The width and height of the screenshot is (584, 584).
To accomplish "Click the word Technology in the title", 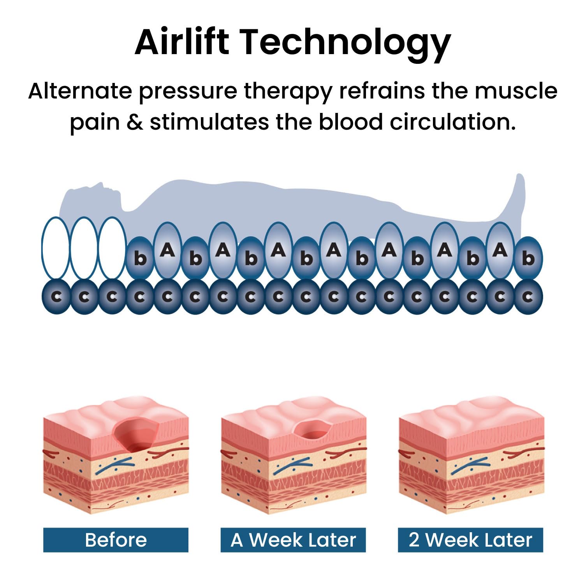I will click(x=345, y=43).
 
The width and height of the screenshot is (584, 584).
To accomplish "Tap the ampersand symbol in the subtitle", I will click(x=135, y=122).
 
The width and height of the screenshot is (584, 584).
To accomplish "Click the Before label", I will click(x=116, y=540).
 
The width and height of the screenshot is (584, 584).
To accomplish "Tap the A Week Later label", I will click(x=293, y=540).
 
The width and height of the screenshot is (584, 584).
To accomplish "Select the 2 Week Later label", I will click(x=470, y=540).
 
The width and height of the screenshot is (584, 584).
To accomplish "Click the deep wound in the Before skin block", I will click(x=136, y=434).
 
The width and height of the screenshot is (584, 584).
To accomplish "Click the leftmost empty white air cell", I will click(x=56, y=248).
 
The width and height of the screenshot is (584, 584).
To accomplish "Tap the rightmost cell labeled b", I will click(x=528, y=258).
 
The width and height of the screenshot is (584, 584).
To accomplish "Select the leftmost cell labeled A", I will click(x=168, y=250).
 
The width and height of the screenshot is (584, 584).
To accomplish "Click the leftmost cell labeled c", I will click(x=56, y=297).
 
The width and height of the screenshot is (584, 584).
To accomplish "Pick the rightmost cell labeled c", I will click(x=528, y=297).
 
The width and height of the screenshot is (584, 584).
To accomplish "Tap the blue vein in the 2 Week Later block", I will click(x=469, y=465).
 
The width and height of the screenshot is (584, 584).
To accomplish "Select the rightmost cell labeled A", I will click(x=500, y=250).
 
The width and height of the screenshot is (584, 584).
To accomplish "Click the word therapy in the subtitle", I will click(x=288, y=91).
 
